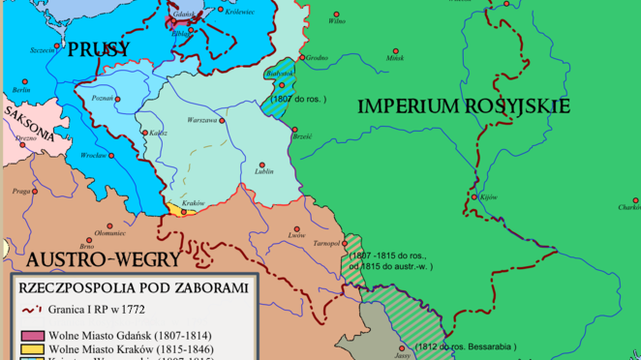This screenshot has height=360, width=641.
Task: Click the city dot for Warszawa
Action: tap(222, 121)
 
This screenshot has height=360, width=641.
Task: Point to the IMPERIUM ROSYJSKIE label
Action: tap(464, 106)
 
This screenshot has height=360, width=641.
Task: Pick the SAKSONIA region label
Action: tap(28, 120)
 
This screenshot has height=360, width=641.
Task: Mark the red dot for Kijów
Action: tap(474, 197)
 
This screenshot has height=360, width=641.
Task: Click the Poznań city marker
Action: tap(121, 98)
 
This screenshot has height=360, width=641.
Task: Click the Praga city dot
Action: tap(37, 191)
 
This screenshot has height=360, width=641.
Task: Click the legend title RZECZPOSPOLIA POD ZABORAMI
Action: tap(133, 287)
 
